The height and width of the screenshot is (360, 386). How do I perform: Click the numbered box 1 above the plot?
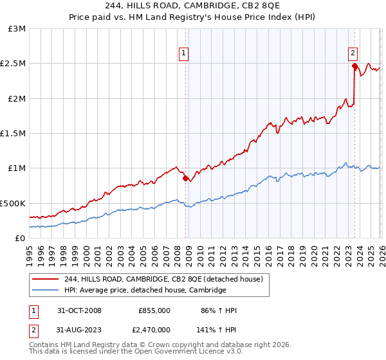(x=184, y=54)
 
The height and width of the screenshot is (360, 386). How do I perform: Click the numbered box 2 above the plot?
(x=353, y=54)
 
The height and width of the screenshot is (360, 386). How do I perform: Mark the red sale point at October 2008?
(x=186, y=179)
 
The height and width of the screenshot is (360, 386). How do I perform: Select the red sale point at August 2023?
(x=354, y=66)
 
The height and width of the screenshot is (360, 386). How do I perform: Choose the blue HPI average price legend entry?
(x=145, y=291)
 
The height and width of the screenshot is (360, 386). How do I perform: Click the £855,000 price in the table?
(x=154, y=310)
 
